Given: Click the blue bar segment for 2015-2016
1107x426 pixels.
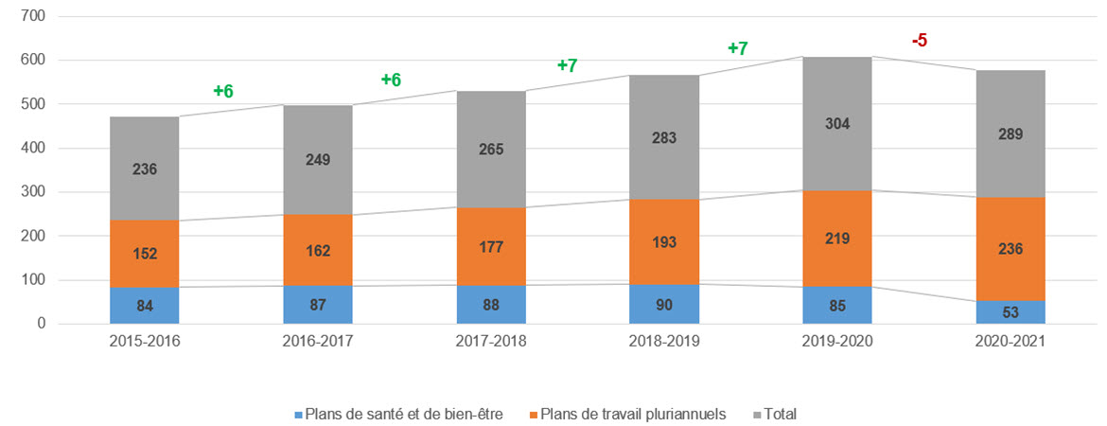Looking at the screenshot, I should pyautogui.click(x=144, y=305).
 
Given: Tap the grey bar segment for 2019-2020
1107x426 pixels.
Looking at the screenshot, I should pyautogui.click(x=836, y=124).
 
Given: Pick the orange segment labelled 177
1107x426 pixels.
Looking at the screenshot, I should pyautogui.click(x=490, y=247).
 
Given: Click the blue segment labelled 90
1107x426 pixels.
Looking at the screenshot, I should pyautogui.click(x=663, y=304).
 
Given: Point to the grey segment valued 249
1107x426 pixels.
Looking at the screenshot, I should pyautogui.click(x=317, y=160).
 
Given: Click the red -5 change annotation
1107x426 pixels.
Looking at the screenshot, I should pyautogui.click(x=918, y=41).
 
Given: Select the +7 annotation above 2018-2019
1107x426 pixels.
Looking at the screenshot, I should pyautogui.click(x=737, y=48).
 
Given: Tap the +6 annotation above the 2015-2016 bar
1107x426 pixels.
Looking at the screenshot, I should pyautogui.click(x=223, y=91).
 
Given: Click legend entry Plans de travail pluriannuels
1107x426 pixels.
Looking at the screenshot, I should pyautogui.click(x=625, y=414).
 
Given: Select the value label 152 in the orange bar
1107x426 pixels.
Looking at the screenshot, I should pyautogui.click(x=144, y=254).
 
